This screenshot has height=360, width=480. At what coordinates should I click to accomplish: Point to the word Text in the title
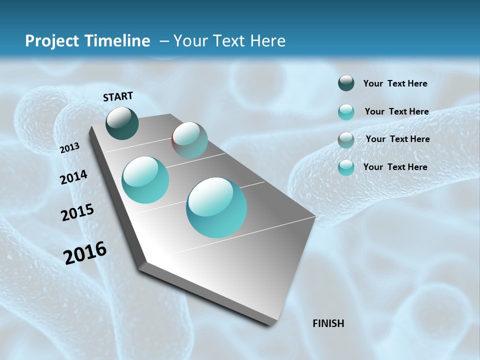(228, 41)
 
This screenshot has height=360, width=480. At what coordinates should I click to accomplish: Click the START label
(118, 96)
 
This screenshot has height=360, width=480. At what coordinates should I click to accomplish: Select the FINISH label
(328, 323)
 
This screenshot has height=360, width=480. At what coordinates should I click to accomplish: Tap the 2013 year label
(70, 148)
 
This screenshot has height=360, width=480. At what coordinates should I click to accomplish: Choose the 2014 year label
(74, 177)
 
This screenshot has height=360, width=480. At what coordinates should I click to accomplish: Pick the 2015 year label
(77, 212)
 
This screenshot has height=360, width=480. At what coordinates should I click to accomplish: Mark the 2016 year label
(85, 253)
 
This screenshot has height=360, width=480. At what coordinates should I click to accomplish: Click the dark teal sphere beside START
(122, 123)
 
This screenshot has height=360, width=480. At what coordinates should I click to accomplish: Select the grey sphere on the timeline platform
(189, 140)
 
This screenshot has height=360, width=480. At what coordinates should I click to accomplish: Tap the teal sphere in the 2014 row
(145, 180)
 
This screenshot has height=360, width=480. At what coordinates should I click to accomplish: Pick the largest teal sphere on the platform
(216, 207)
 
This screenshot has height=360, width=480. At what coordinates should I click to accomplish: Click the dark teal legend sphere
(346, 83)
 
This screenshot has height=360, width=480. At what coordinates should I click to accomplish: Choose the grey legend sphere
(346, 140)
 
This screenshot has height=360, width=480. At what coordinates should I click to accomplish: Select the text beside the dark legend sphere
(395, 84)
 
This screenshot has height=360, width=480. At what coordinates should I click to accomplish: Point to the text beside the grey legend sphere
(397, 139)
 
